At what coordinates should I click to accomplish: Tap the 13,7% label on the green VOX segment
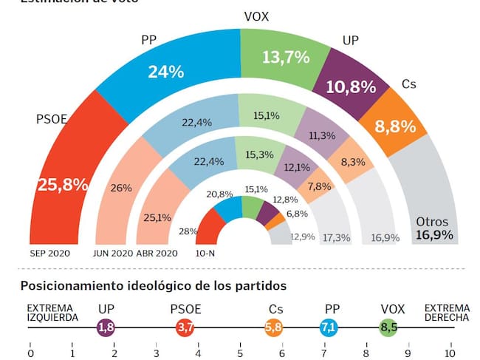point(285,57)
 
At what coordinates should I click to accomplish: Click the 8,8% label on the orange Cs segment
point(389,126)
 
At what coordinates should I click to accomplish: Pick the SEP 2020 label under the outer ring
point(49,253)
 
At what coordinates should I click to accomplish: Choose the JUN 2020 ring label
point(113,253)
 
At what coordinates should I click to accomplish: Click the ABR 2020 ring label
point(158,253)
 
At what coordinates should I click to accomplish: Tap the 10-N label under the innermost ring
point(206,253)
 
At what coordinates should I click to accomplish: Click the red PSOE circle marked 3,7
point(185,327)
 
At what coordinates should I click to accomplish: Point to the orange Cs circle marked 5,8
point(273,327)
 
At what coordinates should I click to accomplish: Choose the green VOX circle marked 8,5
point(387,327)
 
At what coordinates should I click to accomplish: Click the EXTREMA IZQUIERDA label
point(52,313)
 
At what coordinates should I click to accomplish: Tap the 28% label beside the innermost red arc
point(188,231)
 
